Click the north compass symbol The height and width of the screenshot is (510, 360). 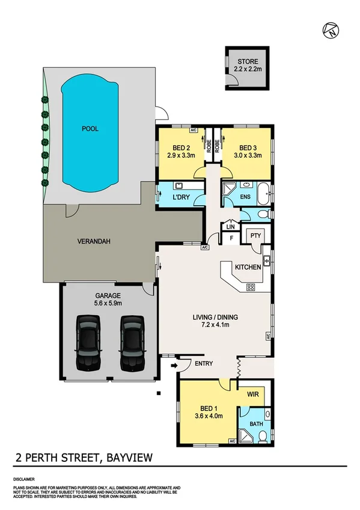tap(330, 30)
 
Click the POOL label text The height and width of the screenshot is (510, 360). tap(90, 129)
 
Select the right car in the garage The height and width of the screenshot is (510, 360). tap(132, 345)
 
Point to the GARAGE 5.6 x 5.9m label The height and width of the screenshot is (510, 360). tap(108, 300)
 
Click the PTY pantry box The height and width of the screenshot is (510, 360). tap(254, 235)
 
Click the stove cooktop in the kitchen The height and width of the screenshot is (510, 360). tap(251, 287)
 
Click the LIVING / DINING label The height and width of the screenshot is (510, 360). tap(215, 321)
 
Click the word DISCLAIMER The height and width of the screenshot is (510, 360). tap(25, 479)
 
